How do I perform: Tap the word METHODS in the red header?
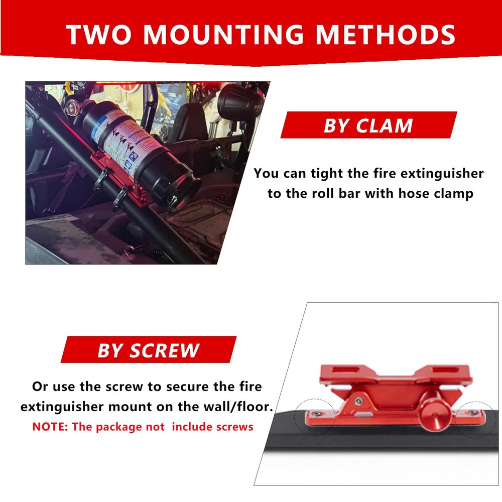coord(386,34)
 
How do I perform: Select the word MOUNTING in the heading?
coord(226,34)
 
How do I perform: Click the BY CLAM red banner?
coord(368,125)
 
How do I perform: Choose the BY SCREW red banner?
coord(148,350)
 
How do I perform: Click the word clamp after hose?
coord(448,194)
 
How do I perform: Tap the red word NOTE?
coord(50,427)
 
